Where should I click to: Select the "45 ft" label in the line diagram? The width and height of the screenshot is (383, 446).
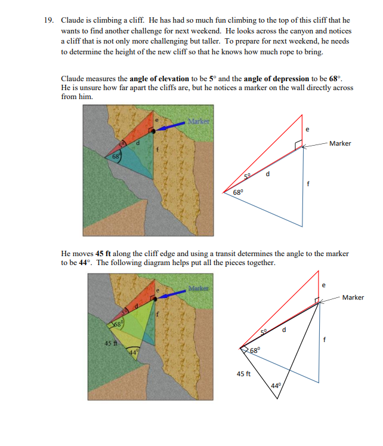click(243, 374)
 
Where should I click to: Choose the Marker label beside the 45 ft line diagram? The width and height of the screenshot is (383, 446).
click(353, 297)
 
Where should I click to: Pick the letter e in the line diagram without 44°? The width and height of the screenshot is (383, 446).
click(307, 128)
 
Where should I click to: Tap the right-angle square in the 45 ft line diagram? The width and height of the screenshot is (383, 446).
click(316, 300)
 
